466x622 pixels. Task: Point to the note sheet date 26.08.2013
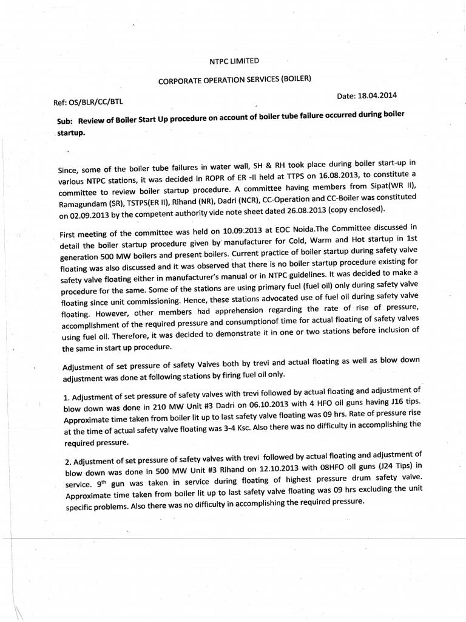pyautogui.click(x=293, y=210)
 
